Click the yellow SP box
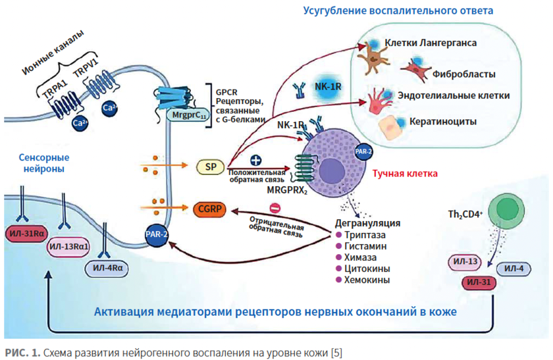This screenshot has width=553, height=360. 211,167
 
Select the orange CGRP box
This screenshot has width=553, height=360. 210,209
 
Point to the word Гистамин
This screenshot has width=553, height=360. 362,245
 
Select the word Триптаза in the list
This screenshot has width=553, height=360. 363,234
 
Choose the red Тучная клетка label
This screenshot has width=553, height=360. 406,174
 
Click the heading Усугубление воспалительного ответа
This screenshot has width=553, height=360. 398,11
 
